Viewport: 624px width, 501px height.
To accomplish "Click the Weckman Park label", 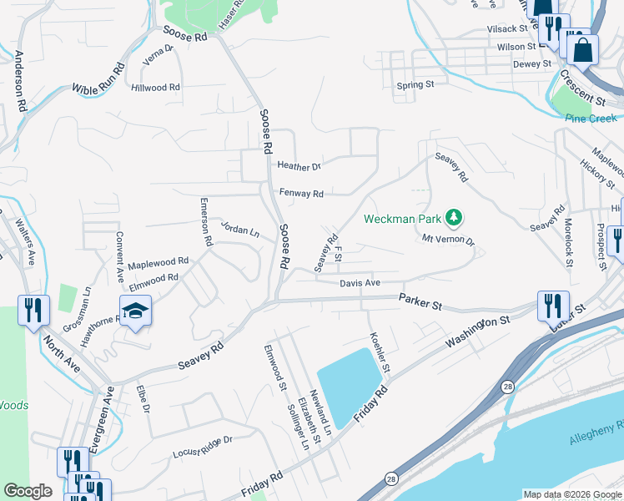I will pyautogui.click(x=404, y=220).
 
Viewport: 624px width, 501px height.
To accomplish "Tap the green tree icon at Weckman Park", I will pyautogui.click(x=454, y=219).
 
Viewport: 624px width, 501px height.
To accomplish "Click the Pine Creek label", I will pyautogui.click(x=591, y=119).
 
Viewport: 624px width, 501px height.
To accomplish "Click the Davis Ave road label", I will pyautogui.click(x=360, y=284).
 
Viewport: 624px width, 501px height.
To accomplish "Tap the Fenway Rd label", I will pyautogui.click(x=301, y=194).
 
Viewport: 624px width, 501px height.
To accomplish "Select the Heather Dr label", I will pyautogui.click(x=299, y=166).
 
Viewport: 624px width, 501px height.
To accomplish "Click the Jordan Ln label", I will pyautogui.click(x=239, y=229).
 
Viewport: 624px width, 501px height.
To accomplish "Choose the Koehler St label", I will pyautogui.click(x=380, y=353).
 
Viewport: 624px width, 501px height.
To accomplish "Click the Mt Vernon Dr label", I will pyautogui.click(x=447, y=240).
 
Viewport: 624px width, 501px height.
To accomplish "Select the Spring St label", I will pyautogui.click(x=415, y=85).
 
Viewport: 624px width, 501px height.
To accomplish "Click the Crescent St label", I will pyautogui.click(x=582, y=87).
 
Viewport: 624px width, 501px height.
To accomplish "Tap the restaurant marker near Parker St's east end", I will pyautogui.click(x=552, y=306).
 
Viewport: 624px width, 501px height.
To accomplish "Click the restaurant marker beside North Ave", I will pyautogui.click(x=32, y=311).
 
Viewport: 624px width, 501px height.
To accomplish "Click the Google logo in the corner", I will pyautogui.click(x=28, y=491).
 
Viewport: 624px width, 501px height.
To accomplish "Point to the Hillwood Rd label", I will pyautogui.click(x=155, y=87).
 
